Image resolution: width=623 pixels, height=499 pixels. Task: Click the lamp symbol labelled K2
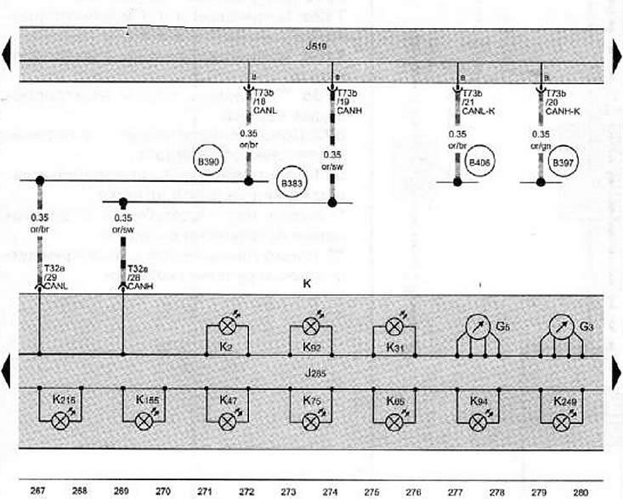pyautogui.click(x=228, y=326)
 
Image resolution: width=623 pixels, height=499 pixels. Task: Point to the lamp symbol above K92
pyautogui.click(x=311, y=326)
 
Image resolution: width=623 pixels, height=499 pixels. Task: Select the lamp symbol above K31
pyautogui.click(x=394, y=326)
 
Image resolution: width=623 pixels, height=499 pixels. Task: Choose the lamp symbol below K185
pyautogui.click(x=144, y=420)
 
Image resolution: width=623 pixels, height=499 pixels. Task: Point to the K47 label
pyautogui.click(x=228, y=399)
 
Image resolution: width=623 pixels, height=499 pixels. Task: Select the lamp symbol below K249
pyautogui.click(x=561, y=420)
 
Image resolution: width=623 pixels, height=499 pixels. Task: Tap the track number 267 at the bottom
pyautogui.click(x=39, y=490)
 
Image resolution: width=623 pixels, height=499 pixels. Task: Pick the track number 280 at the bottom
pyautogui.click(x=581, y=490)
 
